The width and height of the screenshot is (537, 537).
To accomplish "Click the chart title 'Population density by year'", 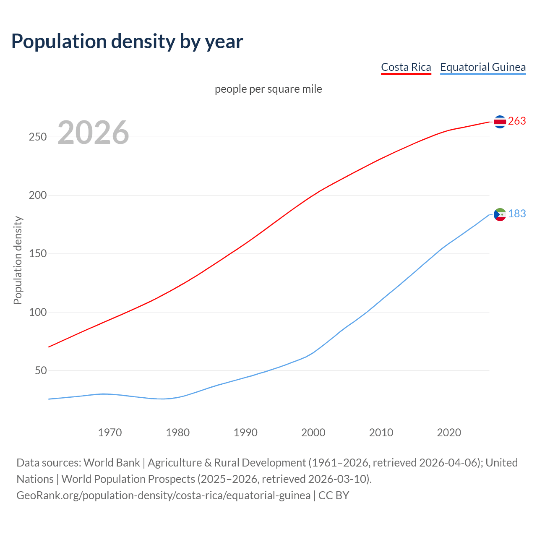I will click(127, 42).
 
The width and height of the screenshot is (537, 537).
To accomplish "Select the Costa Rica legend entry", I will click(406, 67).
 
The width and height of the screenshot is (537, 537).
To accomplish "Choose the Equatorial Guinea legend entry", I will click(482, 67).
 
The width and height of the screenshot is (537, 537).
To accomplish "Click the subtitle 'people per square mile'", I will click(268, 89).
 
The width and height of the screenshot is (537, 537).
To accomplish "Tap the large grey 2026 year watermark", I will click(93, 132).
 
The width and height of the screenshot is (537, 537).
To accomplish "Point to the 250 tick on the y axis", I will click(38, 137).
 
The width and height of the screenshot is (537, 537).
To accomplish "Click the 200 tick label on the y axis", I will click(38, 196).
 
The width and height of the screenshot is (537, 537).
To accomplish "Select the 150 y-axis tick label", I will click(38, 254).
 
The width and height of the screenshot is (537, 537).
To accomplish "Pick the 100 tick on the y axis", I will click(38, 312).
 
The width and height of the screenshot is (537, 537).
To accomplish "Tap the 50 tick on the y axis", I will click(41, 370).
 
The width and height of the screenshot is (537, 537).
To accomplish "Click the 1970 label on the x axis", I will click(110, 433).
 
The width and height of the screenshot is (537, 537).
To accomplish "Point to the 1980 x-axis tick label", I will click(178, 433).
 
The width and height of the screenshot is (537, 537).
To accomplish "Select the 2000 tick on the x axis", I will click(313, 433).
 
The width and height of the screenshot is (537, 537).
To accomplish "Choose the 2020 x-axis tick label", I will click(449, 433).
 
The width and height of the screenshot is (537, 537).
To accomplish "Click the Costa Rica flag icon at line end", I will click(500, 122).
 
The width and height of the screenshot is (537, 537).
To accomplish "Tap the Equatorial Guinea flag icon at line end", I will click(500, 214).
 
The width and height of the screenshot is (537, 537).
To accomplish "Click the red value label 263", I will click(517, 121).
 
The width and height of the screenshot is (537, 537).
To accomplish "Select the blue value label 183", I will click(517, 214).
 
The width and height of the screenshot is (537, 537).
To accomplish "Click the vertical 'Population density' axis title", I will click(18, 260).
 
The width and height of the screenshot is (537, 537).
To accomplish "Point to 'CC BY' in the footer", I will click(334, 495).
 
